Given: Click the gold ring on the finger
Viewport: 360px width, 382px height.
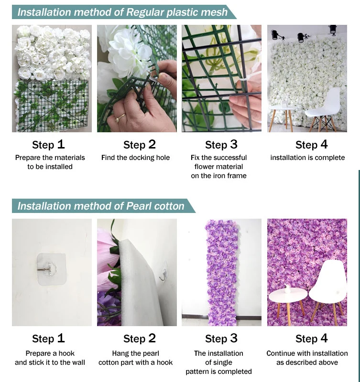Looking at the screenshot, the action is [120, 117].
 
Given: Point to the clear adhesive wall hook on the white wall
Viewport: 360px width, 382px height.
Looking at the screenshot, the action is [51, 269].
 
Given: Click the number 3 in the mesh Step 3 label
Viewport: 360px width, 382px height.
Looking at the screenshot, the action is [234, 144].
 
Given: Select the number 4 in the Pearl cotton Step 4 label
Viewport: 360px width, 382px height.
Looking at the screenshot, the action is [324, 338].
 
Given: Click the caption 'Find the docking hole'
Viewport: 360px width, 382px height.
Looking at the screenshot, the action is [135, 158].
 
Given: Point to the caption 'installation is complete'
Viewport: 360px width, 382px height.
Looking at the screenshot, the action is [307, 158].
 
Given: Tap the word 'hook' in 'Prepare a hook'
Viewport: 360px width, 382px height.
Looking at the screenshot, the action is [66, 353].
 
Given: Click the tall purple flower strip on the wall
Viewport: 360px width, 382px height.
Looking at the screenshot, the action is [221, 272].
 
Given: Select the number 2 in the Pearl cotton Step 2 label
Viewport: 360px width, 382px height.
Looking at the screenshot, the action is [152, 338].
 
